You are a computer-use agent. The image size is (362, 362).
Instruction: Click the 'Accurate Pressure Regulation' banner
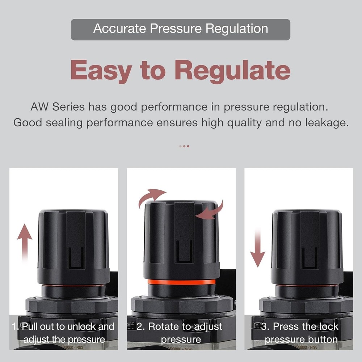(180, 29)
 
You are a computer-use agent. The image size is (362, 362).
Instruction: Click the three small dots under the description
(184, 146)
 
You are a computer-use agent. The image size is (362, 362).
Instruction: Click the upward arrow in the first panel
(24, 241)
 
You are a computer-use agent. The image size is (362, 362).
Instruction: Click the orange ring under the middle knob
(181, 282)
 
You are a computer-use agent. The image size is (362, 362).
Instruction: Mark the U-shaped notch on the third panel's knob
(310, 258)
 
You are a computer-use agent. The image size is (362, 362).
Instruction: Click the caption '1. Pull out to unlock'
(64, 327)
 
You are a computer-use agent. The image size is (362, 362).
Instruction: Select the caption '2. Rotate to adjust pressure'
(180, 333)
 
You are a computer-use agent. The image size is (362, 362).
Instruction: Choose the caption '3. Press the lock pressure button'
(300, 333)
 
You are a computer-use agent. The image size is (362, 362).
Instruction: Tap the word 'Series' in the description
(68, 107)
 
